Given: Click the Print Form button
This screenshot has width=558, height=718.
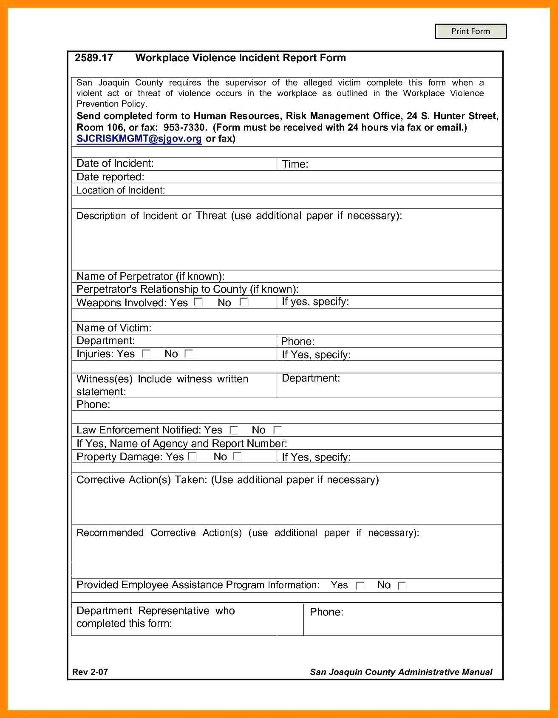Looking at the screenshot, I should [x=470, y=31].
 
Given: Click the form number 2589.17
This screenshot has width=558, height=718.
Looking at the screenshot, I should [x=94, y=58].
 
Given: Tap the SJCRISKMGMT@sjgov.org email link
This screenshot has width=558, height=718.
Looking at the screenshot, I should [x=139, y=139].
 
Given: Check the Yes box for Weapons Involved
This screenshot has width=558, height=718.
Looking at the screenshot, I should [x=198, y=302].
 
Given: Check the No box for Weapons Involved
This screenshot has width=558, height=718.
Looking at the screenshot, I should [x=244, y=302].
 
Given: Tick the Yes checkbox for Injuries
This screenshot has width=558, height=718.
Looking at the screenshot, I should [x=146, y=353].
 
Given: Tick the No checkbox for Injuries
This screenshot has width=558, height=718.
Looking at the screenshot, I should [x=189, y=353].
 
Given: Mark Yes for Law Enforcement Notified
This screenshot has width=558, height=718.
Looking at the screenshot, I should [x=234, y=430].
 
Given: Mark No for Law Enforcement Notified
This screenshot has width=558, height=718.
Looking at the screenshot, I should [x=278, y=430].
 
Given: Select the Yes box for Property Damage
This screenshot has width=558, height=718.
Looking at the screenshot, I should [x=193, y=456].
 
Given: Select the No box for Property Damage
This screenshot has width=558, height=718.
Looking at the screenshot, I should [x=238, y=456].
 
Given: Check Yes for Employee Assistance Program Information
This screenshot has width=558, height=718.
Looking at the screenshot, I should [x=360, y=585].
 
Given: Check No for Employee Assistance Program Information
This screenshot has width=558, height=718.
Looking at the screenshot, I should [x=402, y=585].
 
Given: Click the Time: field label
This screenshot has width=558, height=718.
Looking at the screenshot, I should [x=295, y=164].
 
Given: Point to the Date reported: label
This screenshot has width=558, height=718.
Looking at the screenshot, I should [x=110, y=177].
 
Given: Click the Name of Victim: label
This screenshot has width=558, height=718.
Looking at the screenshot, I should [x=113, y=328].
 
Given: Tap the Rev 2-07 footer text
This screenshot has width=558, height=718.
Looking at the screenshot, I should [x=90, y=672].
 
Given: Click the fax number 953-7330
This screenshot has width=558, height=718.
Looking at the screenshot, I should [x=184, y=128].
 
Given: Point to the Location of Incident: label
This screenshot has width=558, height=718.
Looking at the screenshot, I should [x=120, y=190].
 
